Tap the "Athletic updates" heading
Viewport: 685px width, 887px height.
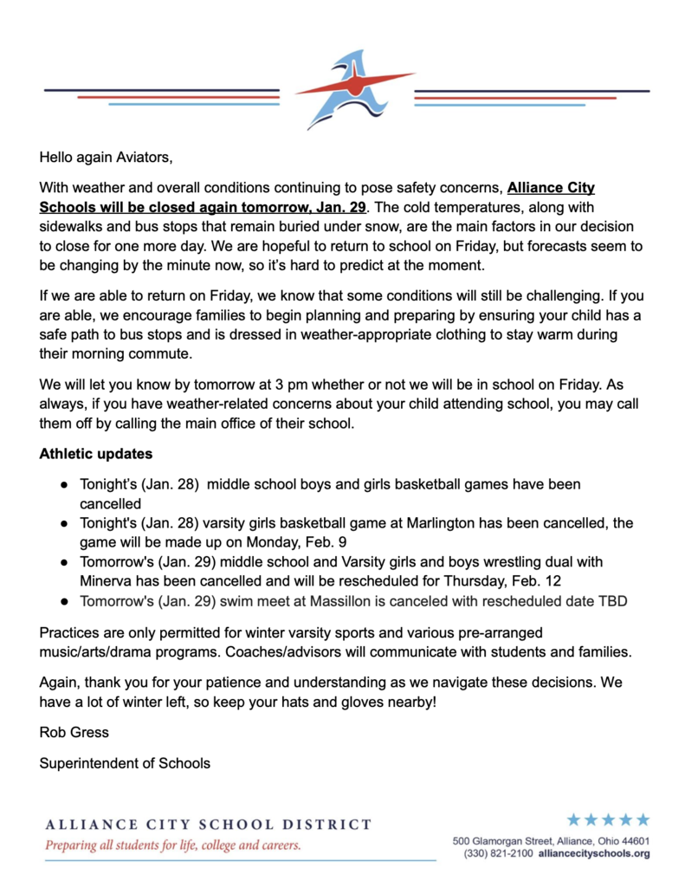(x=95, y=453)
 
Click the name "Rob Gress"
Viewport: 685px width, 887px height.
(x=74, y=732)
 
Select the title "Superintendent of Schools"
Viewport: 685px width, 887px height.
(x=125, y=763)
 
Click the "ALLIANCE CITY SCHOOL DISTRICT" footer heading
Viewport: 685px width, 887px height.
(x=208, y=825)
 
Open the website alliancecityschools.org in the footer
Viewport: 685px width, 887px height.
(x=594, y=853)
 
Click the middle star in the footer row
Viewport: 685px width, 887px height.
(x=608, y=819)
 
